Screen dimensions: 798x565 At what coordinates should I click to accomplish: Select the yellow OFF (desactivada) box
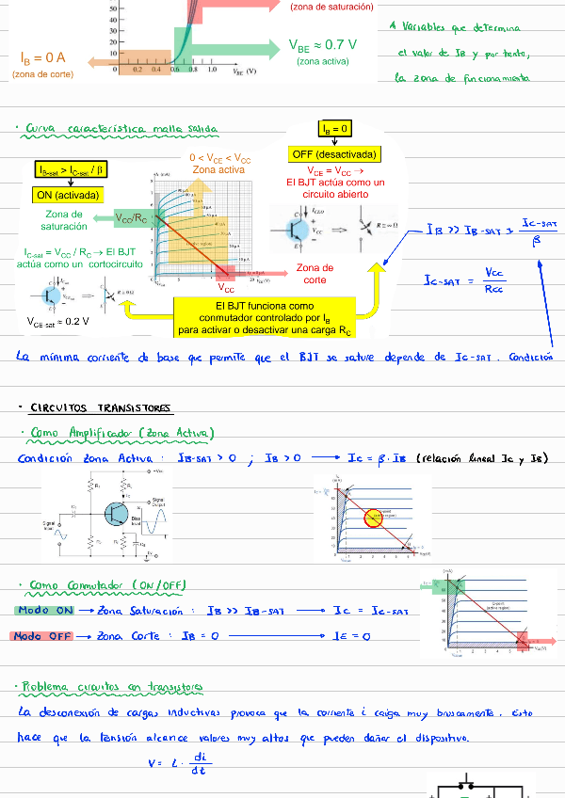335,153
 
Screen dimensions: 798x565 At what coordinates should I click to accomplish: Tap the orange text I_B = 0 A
43,58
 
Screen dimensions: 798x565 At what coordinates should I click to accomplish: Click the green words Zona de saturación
64,220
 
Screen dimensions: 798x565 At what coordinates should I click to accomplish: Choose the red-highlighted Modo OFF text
42,636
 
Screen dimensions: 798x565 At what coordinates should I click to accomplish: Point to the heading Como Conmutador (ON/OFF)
108,585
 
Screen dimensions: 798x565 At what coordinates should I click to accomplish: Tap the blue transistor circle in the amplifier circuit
118,514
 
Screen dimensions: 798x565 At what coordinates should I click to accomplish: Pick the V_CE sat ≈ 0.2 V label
58,321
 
